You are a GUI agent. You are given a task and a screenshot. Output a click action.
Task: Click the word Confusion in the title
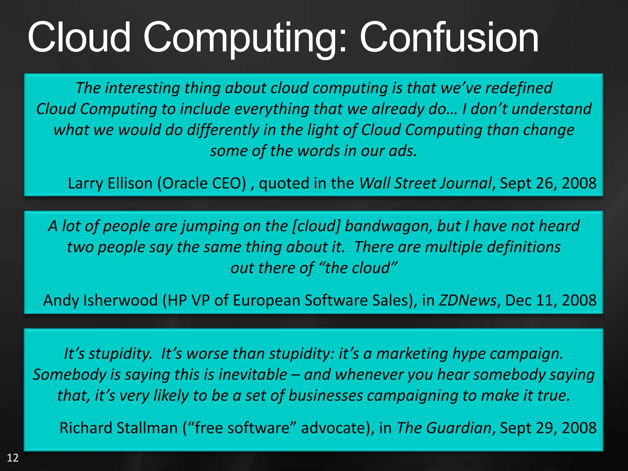(x=449, y=37)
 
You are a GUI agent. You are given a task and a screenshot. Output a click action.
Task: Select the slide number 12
(x=13, y=458)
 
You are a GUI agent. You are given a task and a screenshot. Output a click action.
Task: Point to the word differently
(x=223, y=130)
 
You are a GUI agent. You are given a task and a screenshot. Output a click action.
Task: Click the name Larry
(x=85, y=183)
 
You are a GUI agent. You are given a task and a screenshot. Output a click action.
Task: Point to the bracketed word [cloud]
(x=316, y=226)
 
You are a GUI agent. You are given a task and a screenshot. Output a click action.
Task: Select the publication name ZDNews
(x=467, y=300)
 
